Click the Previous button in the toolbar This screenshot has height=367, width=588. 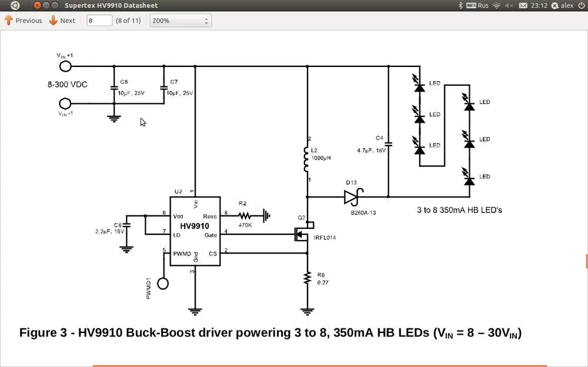point(24,21)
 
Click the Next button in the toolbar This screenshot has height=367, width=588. point(62,21)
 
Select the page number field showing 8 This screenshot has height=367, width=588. point(99,21)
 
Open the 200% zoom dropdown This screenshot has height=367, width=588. point(181,21)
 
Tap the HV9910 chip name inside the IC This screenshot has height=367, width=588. point(195,225)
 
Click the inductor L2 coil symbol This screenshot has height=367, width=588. point(306,159)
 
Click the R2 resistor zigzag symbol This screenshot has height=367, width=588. point(245,216)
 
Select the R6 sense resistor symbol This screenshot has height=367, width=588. point(306,278)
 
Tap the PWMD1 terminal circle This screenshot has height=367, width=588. point(163,284)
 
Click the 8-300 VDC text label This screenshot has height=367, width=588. point(68,85)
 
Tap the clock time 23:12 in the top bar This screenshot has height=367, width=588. point(539,5)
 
